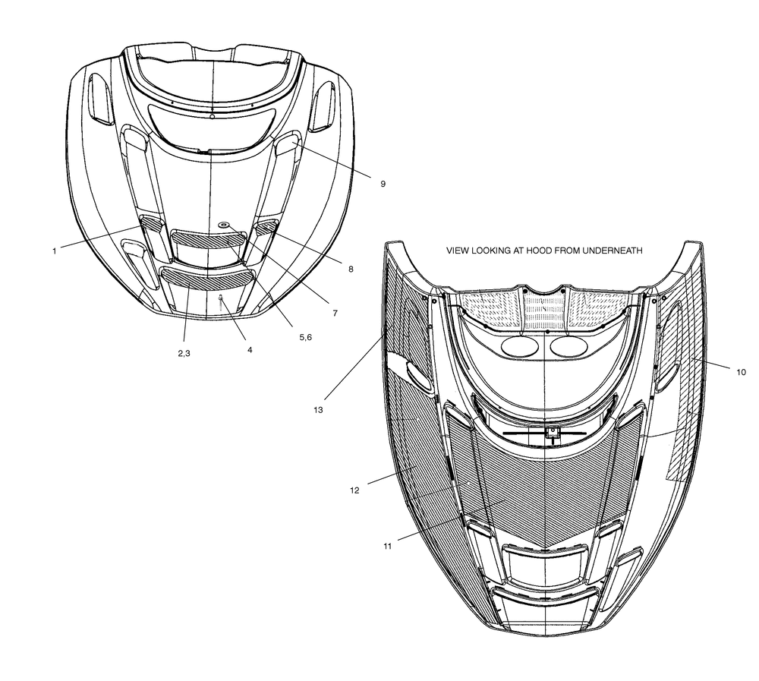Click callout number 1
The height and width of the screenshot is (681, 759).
[x=55, y=251]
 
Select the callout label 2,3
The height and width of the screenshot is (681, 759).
[x=184, y=353]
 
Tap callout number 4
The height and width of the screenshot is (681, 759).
[x=250, y=349]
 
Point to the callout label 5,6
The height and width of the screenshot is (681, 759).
[x=305, y=337]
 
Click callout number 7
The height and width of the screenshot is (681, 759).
[x=335, y=314]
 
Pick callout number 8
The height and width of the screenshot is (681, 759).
[x=351, y=270]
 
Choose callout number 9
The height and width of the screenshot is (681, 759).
[x=383, y=184]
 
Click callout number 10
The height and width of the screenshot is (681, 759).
[x=741, y=372]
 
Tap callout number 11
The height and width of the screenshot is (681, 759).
[x=387, y=547]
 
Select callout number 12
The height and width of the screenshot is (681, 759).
[x=354, y=490]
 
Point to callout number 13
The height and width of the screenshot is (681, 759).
[x=318, y=410]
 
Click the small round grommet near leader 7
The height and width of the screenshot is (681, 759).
[x=225, y=224]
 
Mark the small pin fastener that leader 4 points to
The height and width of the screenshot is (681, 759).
[x=221, y=303]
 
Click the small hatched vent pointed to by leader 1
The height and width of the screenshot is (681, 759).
[x=152, y=223]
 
